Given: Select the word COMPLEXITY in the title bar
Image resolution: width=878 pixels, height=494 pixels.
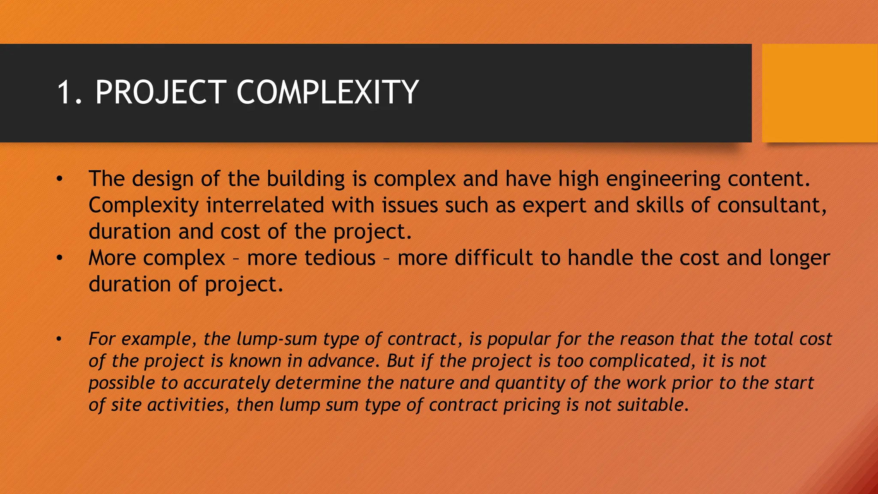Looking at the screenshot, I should coord(327,92).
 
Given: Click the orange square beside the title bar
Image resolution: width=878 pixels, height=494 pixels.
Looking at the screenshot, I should coord(820,93).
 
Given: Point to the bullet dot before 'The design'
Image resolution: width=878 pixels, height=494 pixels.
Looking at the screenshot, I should coord(60,179).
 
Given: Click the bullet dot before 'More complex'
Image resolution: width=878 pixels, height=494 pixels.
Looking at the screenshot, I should coord(60,258).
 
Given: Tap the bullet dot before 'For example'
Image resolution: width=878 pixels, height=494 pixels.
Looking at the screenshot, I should coord(60,339).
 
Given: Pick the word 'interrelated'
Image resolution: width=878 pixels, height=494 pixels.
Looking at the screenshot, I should coord(265,205).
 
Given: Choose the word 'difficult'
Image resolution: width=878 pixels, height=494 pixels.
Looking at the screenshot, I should coord(493,258).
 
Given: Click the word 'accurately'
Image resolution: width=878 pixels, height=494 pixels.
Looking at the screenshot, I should coord(226,383).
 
